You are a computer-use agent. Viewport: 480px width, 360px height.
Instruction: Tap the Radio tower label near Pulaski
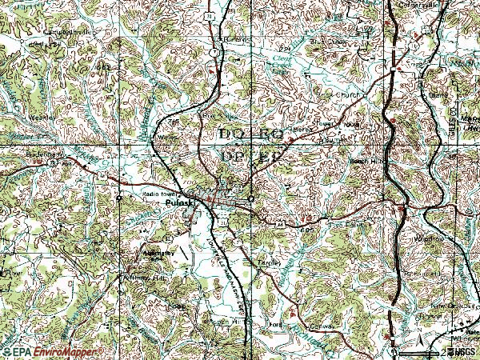tap(158, 194)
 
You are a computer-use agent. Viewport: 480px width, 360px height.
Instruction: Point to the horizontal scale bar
tap(424, 350)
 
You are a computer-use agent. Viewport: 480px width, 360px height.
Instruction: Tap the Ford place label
tap(277, 325)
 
